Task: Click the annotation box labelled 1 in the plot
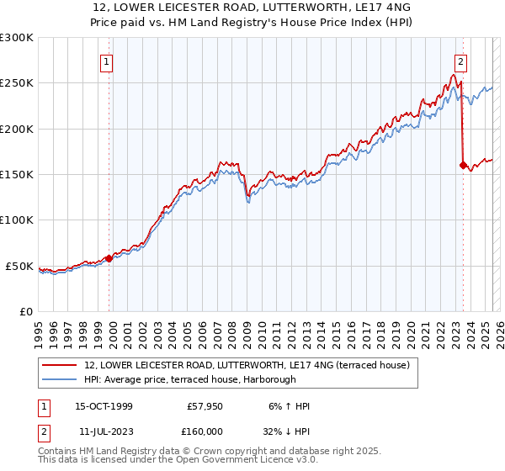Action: (109, 61)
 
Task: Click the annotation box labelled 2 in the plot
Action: (461, 61)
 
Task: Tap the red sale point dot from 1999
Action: (109, 259)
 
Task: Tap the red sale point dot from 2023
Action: (463, 166)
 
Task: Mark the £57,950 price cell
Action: (205, 406)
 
